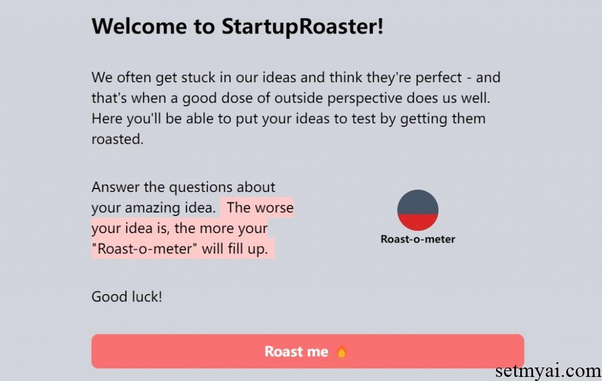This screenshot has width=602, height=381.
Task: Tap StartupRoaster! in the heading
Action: [302, 26]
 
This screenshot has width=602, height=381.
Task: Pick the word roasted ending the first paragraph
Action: [117, 140]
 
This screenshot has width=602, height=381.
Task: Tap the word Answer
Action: [116, 187]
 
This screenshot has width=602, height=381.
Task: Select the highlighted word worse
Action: [274, 208]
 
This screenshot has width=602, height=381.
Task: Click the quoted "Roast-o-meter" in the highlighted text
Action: [145, 248]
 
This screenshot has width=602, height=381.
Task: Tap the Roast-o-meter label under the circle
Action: [417, 240]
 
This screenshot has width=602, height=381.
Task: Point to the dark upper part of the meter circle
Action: [417, 201]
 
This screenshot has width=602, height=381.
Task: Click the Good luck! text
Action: [126, 296]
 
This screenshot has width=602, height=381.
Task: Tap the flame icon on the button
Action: [342, 352]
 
